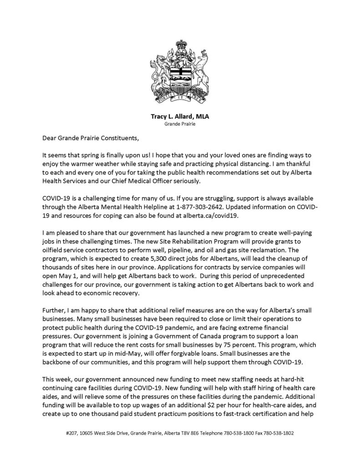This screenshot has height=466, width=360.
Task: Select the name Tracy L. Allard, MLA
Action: tap(180, 116)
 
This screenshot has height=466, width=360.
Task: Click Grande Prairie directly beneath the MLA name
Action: tap(180, 124)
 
